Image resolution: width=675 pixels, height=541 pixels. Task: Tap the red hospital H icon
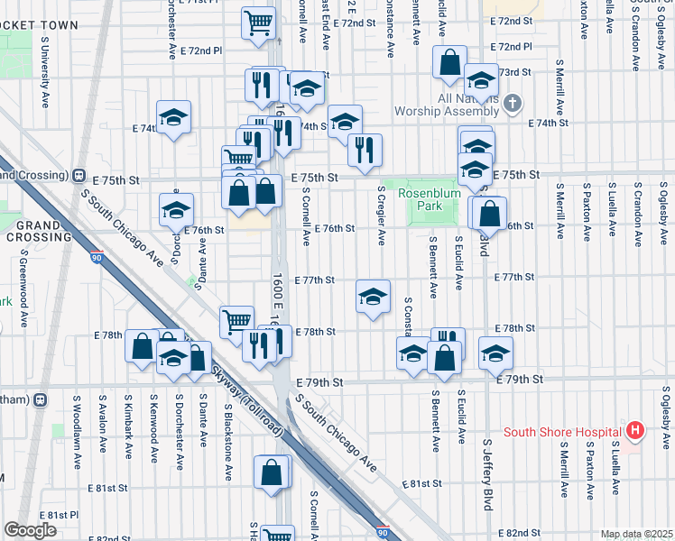[635, 431]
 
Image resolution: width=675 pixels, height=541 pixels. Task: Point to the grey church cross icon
[513, 102]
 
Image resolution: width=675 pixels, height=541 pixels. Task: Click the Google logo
[30, 530]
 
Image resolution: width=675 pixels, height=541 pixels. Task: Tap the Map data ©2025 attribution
[636, 534]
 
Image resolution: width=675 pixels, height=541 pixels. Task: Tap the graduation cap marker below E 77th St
[373, 297]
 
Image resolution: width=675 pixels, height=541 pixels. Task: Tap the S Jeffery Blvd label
[487, 474]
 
